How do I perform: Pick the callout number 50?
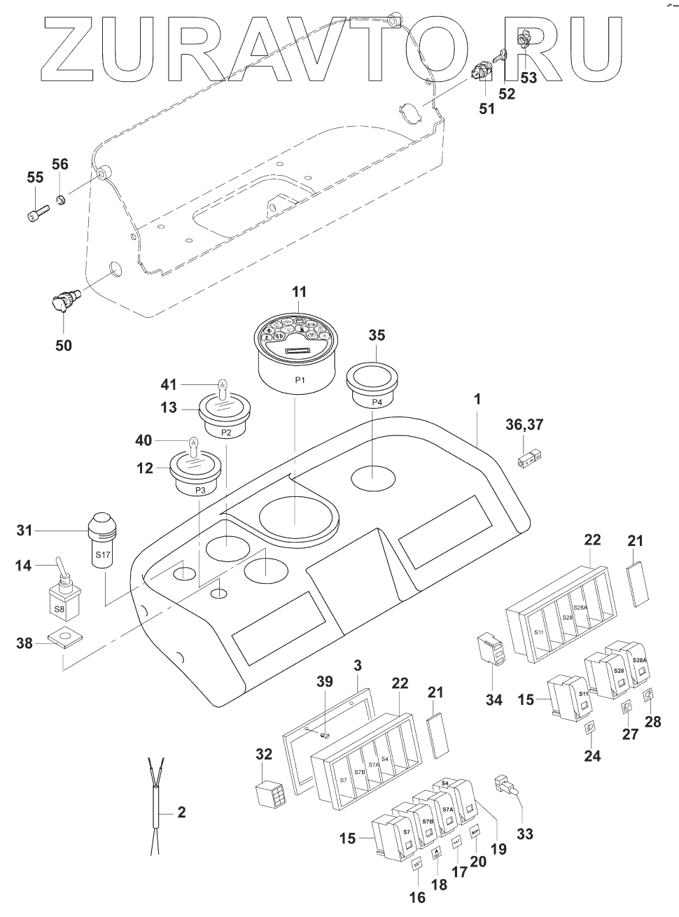[64, 345]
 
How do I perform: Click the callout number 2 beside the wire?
[181, 812]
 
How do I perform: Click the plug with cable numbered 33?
[505, 787]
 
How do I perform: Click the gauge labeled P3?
[198, 470]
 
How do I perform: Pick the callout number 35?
[376, 335]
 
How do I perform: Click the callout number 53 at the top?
[528, 77]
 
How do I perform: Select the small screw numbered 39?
[323, 735]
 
